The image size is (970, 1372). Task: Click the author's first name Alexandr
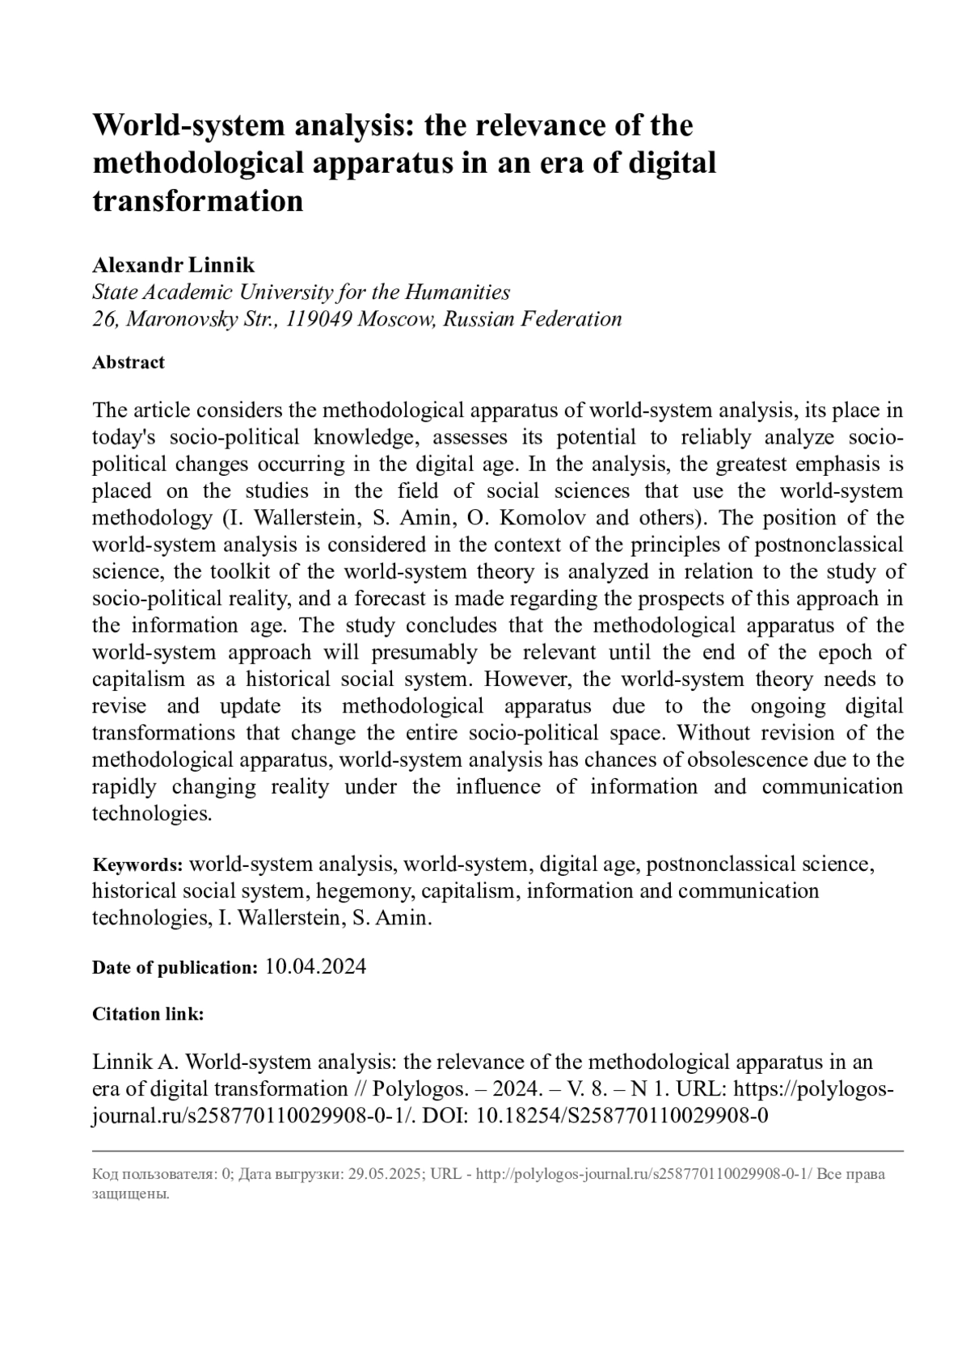[138, 265]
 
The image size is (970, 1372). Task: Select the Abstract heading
[129, 362]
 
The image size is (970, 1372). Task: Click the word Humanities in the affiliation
[458, 292]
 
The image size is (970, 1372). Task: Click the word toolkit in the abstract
[239, 572]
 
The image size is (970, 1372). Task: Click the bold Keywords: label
[137, 865]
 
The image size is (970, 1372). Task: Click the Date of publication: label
[175, 968]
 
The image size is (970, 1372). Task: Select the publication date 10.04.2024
[315, 967]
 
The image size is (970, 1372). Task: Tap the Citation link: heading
[148, 1014]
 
